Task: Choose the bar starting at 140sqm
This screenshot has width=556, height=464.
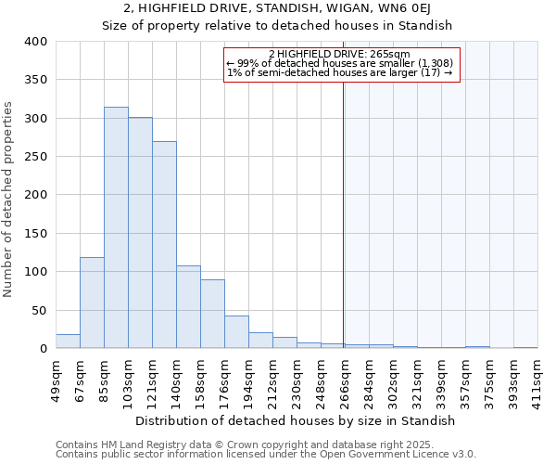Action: [188, 307]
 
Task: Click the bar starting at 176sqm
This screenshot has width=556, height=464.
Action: [236, 332]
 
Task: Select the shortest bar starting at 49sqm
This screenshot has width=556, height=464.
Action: [68, 342]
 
